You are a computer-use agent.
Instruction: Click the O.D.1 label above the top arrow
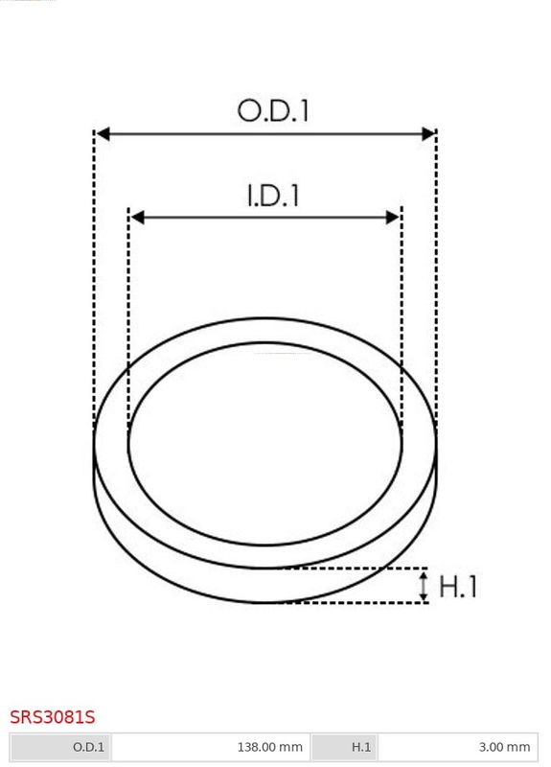pos(273,110)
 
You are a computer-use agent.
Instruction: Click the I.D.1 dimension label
pos(273,196)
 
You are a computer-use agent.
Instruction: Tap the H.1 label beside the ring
pos(458,586)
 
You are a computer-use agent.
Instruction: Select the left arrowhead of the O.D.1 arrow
pos(103,133)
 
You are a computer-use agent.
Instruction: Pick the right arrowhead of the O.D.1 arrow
pos(428,133)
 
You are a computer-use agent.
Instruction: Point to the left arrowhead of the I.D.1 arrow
pos(137,218)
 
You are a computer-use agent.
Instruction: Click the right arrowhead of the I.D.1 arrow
pos(393,218)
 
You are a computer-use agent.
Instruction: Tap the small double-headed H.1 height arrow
pos(424,586)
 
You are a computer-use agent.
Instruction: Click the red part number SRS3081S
pos(53,717)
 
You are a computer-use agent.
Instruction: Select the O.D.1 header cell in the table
pos(61,747)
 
